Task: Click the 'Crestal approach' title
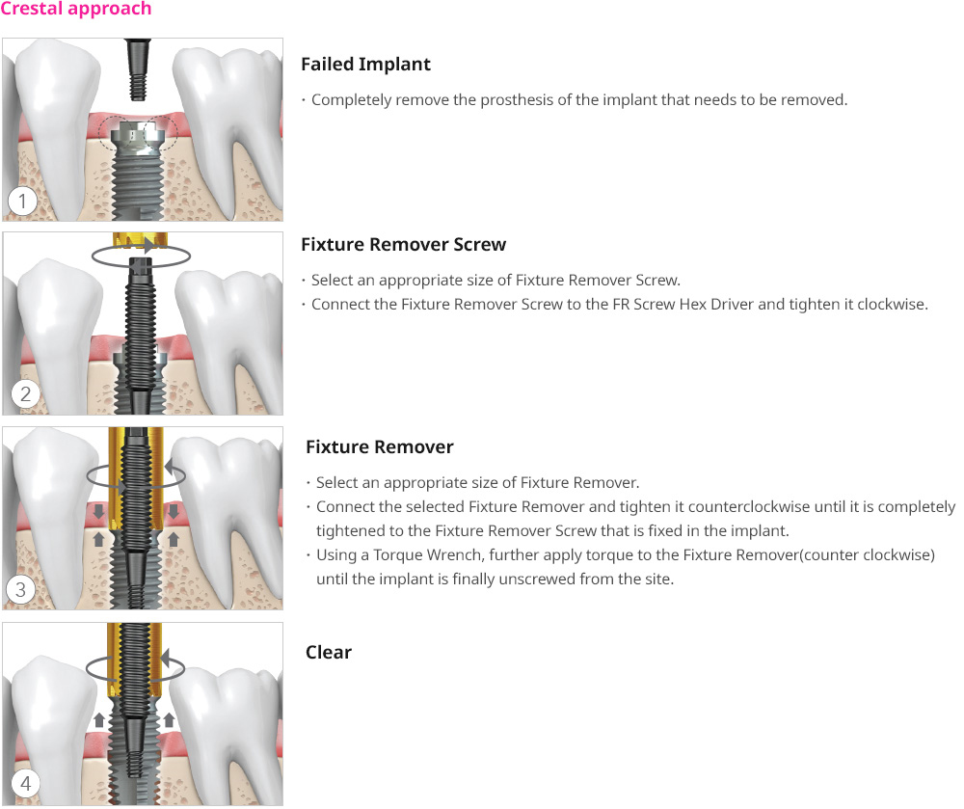coord(75,9)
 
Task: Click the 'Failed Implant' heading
coord(365,65)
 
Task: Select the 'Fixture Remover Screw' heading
coord(403,245)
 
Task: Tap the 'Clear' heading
coord(329,652)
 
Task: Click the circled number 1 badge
coord(23,201)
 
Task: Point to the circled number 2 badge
coord(25,393)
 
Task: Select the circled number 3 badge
coord(20,589)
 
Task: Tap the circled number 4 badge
coord(25,783)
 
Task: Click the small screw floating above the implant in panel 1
coord(138,68)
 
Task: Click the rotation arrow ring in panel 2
coord(141,255)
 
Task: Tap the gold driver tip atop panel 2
coord(140,240)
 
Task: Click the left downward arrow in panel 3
coord(98,511)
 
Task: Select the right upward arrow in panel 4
coord(170,720)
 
